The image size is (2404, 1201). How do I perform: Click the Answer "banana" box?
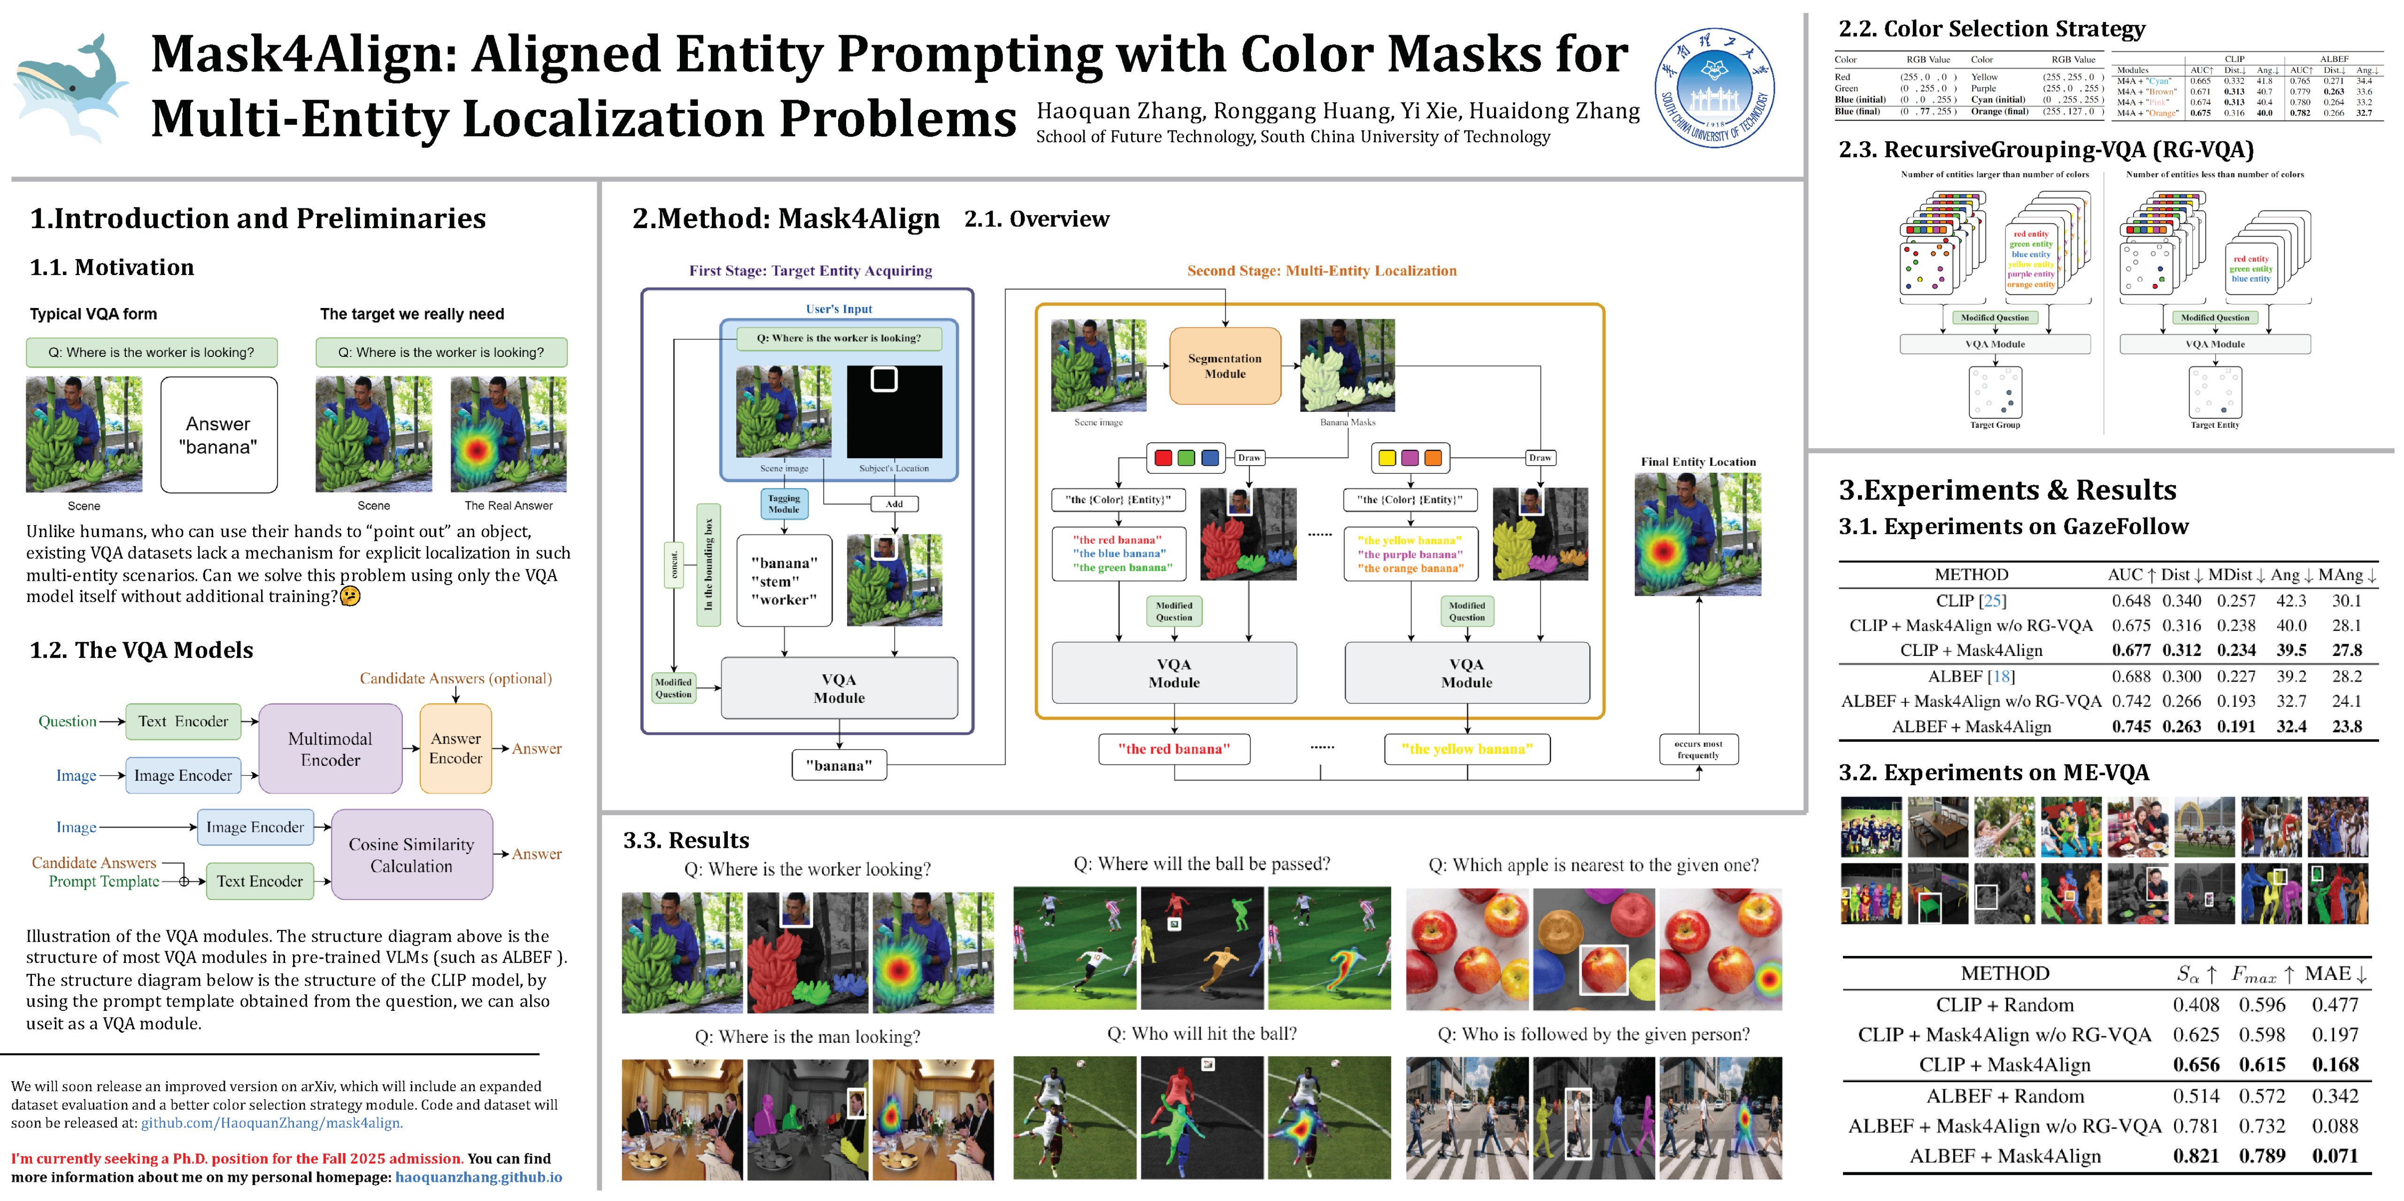click(x=218, y=435)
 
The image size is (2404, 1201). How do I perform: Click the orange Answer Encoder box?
click(x=455, y=748)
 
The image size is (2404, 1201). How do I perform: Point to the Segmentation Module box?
click(x=1225, y=366)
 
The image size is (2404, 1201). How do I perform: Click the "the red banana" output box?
click(x=1174, y=748)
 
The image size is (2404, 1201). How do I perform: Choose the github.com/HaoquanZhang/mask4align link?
click(x=270, y=1123)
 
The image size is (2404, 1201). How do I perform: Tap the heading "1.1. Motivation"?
click(x=112, y=268)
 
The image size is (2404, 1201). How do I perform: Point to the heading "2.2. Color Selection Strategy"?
click(x=1991, y=29)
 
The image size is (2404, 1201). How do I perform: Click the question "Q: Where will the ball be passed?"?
click(x=1201, y=864)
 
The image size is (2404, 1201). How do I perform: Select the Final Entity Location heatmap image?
click(x=1697, y=534)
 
